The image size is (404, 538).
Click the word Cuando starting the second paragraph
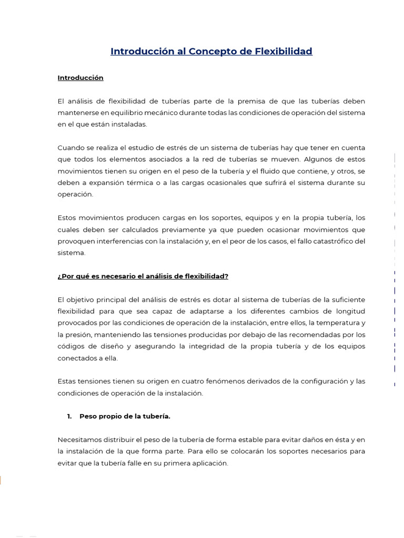coord(70,148)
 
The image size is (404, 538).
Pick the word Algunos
coord(317,159)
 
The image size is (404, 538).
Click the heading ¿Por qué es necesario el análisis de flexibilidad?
coord(143,276)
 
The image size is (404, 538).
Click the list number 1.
coord(68,416)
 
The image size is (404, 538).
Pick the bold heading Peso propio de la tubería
coord(125,416)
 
